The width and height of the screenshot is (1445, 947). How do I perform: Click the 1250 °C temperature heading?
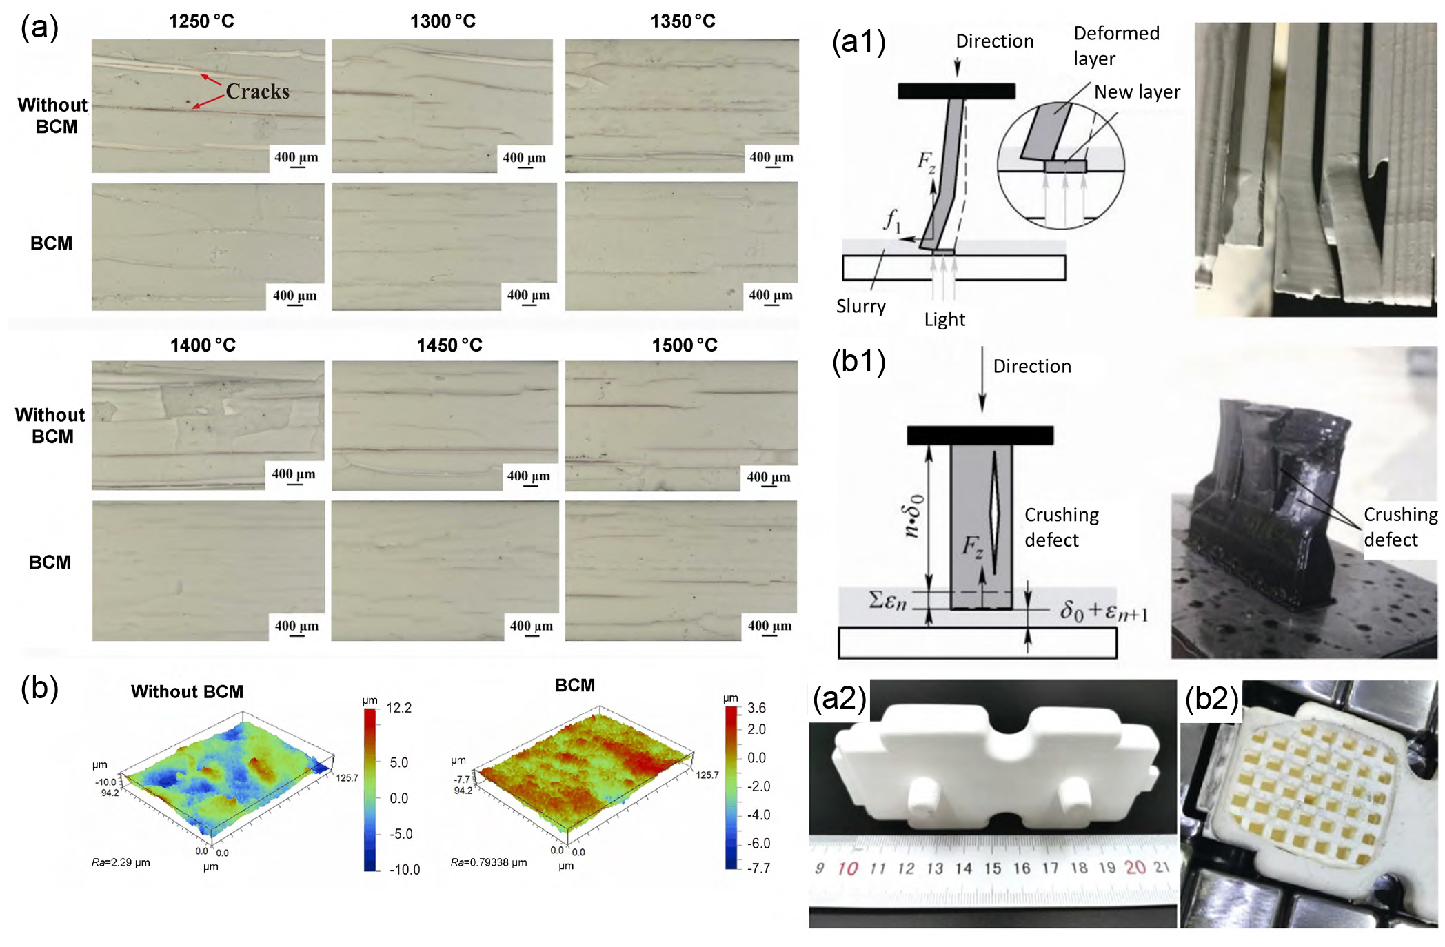point(201,21)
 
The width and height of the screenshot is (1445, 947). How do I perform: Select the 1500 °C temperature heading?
point(685,345)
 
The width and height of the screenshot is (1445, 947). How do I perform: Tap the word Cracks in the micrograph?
point(257,92)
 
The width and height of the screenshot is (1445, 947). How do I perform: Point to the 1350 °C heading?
point(683,21)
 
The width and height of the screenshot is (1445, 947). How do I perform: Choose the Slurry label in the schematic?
point(860,306)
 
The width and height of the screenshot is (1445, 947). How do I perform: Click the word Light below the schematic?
point(944,319)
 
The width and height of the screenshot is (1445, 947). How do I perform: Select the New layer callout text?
point(1137,92)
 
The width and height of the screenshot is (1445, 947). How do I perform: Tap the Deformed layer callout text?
point(1116,45)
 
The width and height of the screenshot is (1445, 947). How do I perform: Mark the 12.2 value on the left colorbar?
point(398,708)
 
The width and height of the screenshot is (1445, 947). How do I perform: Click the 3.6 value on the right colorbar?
point(756,708)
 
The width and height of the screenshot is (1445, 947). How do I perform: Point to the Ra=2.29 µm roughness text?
point(121,862)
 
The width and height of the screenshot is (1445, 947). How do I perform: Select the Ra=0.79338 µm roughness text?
point(489,862)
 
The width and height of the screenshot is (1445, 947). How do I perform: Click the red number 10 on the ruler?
point(847,868)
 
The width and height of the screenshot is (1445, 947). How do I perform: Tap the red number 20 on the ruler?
point(1135,867)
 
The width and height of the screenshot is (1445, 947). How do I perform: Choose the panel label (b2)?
point(1211,698)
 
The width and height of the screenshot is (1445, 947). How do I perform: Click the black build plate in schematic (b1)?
point(980,435)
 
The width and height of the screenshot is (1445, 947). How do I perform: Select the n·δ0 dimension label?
point(913,515)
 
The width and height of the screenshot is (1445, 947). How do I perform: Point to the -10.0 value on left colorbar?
point(404,870)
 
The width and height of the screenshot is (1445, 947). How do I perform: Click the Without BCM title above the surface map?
point(187,692)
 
